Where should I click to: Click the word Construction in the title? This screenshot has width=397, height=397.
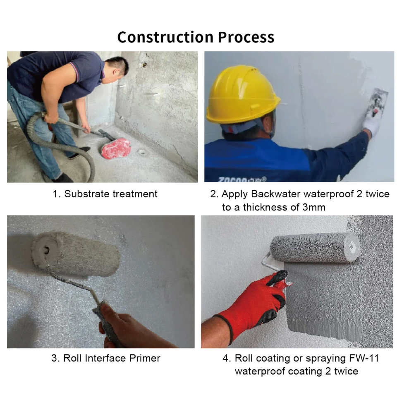click(165, 37)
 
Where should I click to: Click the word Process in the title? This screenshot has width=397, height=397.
click(246, 37)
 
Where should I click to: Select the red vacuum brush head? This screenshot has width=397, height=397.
click(116, 148)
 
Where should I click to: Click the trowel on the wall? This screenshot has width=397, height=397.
click(377, 101)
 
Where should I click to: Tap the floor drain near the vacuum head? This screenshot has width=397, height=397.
click(141, 152)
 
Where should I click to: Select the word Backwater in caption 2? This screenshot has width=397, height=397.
click(275, 194)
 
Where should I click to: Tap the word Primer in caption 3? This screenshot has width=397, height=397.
click(145, 358)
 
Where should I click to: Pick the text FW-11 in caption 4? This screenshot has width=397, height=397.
click(364, 358)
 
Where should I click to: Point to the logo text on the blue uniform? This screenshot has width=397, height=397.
click(242, 179)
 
